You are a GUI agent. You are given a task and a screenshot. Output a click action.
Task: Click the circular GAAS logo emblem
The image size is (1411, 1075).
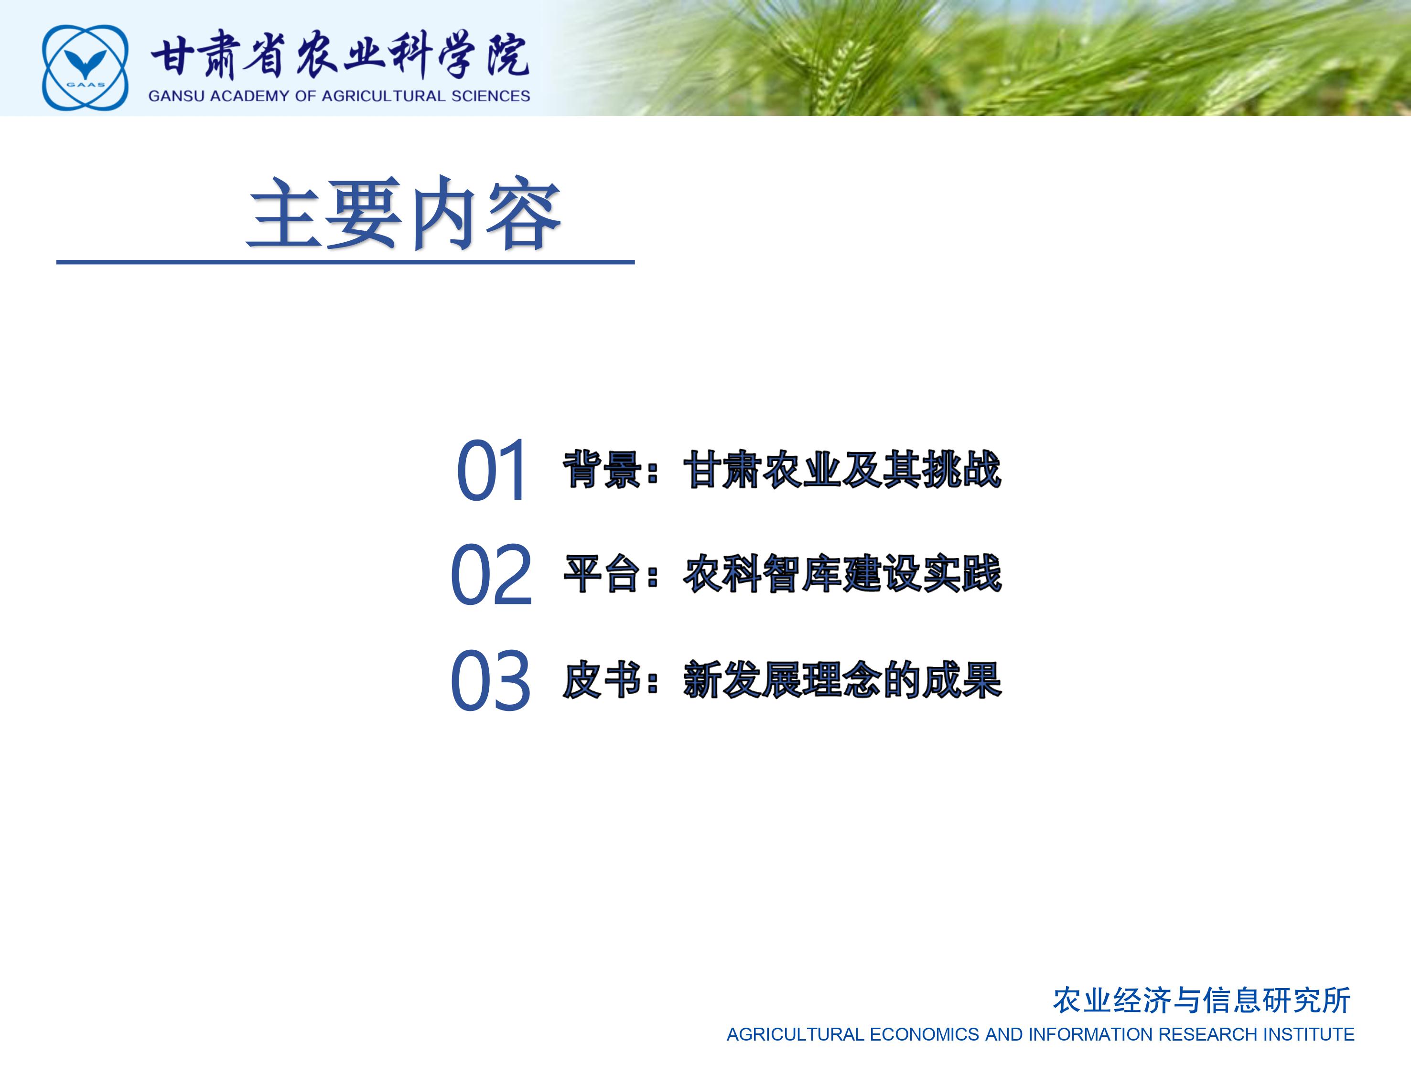click(x=85, y=67)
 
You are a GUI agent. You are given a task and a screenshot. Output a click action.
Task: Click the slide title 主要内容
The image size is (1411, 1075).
click(x=404, y=214)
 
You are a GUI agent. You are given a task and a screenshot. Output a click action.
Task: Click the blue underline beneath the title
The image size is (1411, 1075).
click(x=345, y=262)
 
